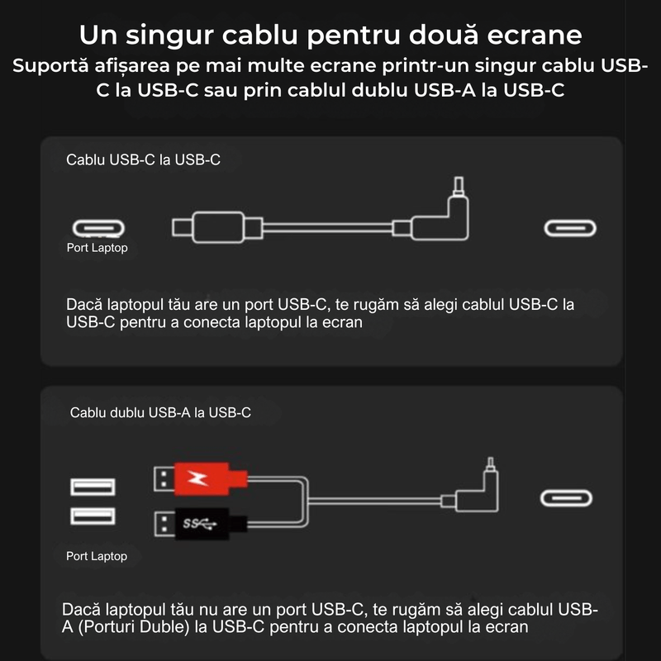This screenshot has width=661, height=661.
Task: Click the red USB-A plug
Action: click(x=202, y=478)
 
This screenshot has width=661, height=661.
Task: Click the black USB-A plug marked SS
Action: click(x=202, y=523)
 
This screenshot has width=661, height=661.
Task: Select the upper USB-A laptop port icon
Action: click(x=93, y=486)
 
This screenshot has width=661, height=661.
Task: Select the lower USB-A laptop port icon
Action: click(x=93, y=517)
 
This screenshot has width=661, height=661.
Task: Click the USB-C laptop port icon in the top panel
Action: click(x=99, y=228)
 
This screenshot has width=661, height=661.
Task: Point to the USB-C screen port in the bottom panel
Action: click(x=566, y=498)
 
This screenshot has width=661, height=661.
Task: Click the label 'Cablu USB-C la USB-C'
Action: click(x=143, y=159)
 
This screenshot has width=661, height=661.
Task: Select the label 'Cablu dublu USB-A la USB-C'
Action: click(x=161, y=411)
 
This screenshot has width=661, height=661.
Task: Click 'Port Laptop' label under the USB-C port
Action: click(x=97, y=248)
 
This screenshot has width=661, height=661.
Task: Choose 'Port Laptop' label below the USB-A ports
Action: click(x=97, y=556)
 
